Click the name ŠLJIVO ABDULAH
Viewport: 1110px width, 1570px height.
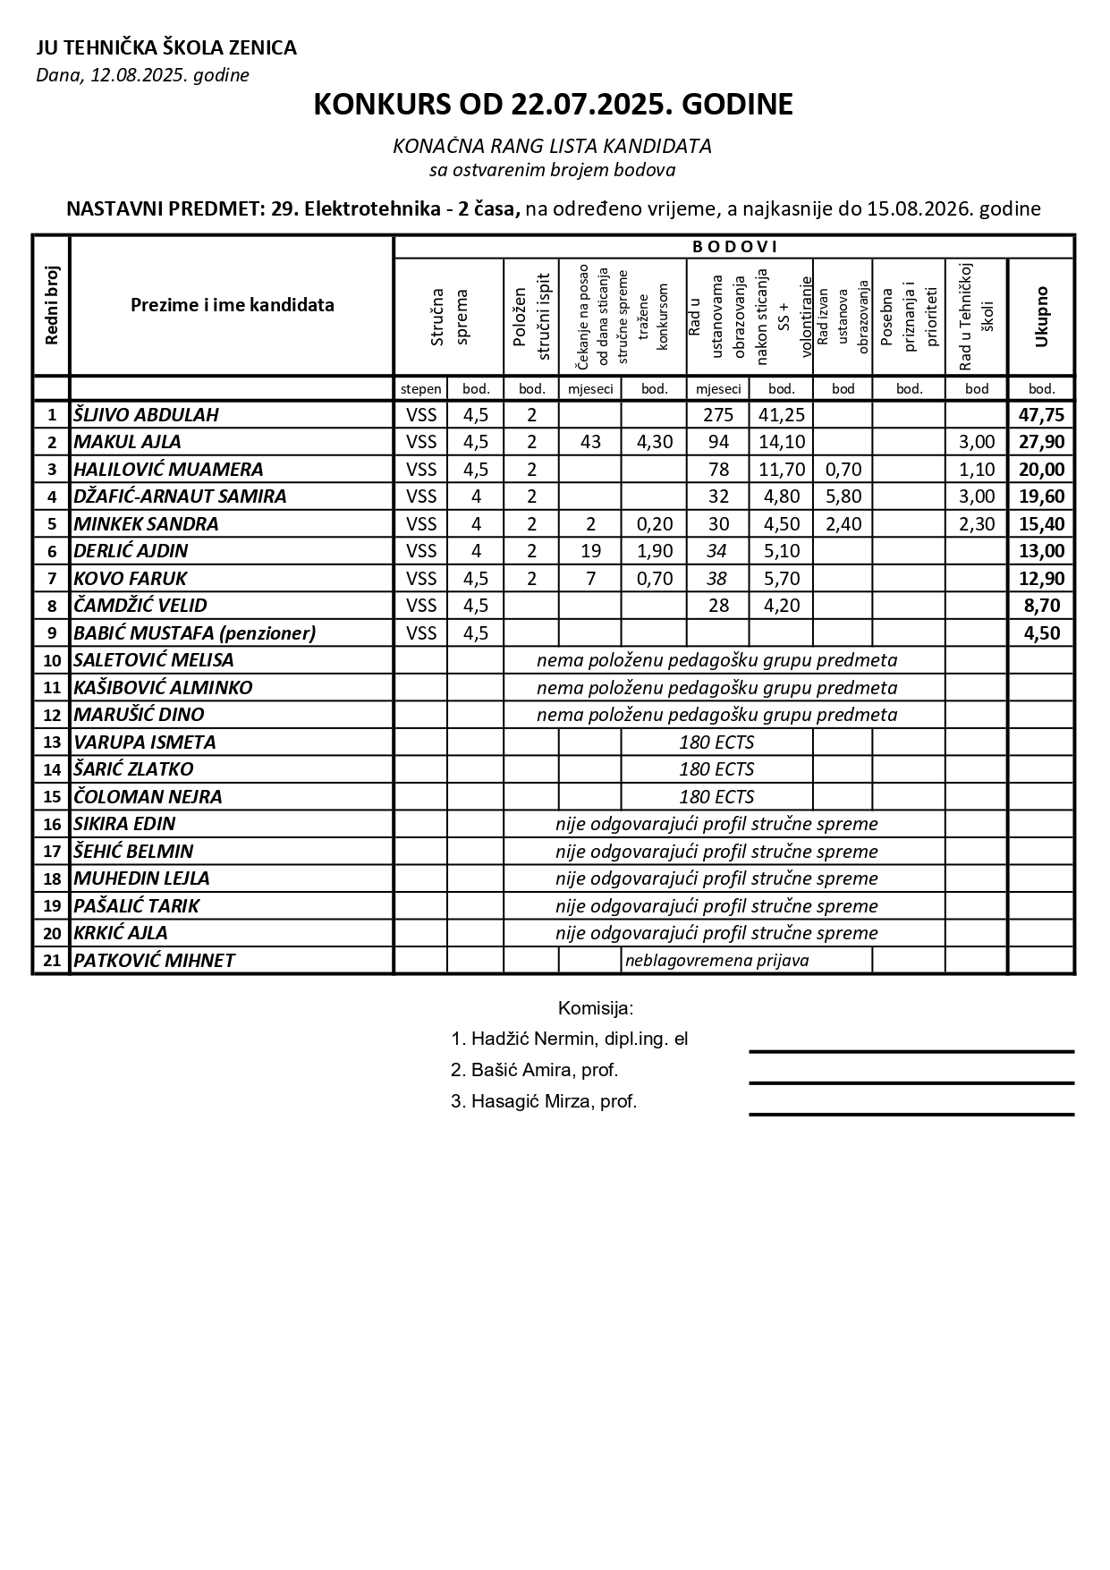[x=146, y=415]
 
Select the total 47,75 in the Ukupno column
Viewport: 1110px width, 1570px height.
[x=1041, y=415]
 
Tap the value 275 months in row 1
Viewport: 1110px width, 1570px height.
[x=717, y=415]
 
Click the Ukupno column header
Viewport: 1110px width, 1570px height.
[x=1040, y=317]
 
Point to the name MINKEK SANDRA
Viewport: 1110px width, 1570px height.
[x=146, y=524]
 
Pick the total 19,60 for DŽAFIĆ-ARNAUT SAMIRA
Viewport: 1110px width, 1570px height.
[x=1041, y=496]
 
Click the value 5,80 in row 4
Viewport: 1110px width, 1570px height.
[x=843, y=496]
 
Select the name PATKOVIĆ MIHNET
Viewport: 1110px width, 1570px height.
[x=154, y=961]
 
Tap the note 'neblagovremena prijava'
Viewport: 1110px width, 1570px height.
[x=716, y=961]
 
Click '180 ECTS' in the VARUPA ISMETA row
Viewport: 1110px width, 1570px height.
[x=716, y=743]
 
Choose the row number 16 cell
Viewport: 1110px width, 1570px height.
[x=52, y=824]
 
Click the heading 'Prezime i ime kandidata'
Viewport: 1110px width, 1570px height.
[x=233, y=305]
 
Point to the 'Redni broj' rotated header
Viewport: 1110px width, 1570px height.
[x=51, y=305]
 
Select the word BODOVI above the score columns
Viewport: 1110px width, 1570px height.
[x=735, y=247]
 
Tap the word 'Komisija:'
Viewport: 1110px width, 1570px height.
[x=596, y=1009]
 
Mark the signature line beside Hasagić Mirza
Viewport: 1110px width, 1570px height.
[x=911, y=1114]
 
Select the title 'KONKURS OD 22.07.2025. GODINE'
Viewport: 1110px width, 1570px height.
[x=553, y=105]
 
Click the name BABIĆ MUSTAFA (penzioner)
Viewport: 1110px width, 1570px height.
[x=195, y=633]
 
